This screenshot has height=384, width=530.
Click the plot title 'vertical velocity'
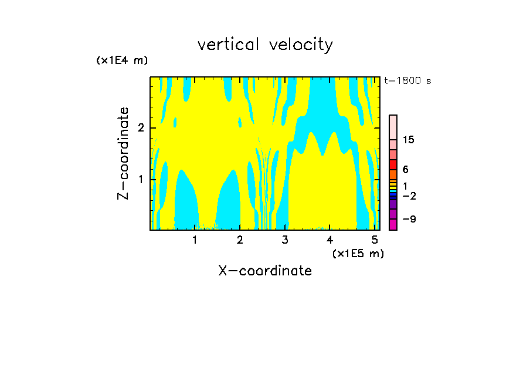pyautogui.click(x=265, y=45)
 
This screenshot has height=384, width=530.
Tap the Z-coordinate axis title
pyautogui.click(x=123, y=153)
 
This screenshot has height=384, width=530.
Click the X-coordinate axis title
pyautogui.click(x=265, y=271)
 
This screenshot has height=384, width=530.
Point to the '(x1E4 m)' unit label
pyautogui.click(x=122, y=60)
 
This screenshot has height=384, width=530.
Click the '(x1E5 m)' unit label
pyautogui.click(x=358, y=253)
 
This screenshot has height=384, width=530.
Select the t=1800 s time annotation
pyautogui.click(x=407, y=81)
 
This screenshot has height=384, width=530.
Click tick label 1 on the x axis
pyautogui.click(x=195, y=240)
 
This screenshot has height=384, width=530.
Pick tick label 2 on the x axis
pyautogui.click(x=240, y=240)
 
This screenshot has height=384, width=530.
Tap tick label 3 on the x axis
pyautogui.click(x=285, y=240)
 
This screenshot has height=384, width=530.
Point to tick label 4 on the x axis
pyautogui.click(x=329, y=240)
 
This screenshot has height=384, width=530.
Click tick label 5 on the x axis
pyautogui.click(x=375, y=240)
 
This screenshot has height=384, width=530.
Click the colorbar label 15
pyautogui.click(x=409, y=140)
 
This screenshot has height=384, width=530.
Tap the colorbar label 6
pyautogui.click(x=406, y=170)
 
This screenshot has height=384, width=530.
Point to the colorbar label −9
pyautogui.click(x=409, y=220)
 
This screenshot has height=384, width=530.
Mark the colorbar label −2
pyautogui.click(x=409, y=196)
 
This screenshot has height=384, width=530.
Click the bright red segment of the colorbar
pyautogui.click(x=393, y=164)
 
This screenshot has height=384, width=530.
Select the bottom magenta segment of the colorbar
pyautogui.click(x=393, y=224)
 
